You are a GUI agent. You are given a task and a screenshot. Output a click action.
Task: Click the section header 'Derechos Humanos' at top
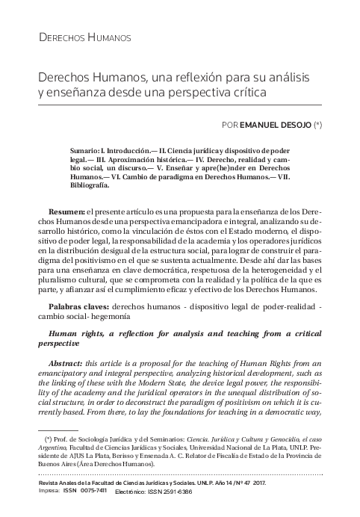coord(84,37)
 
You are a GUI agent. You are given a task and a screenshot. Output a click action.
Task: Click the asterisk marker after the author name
coord(317,124)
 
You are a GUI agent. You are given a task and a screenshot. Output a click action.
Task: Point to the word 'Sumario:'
coord(88,149)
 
